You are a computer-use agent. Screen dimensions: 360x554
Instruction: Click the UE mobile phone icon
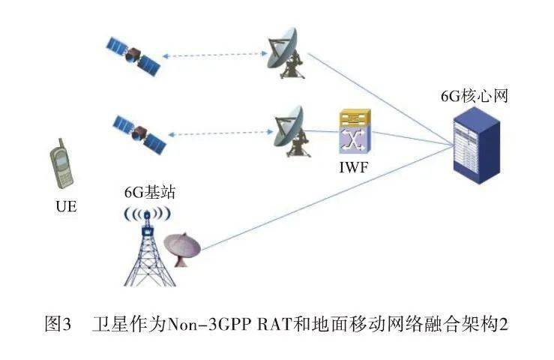click(x=61, y=164)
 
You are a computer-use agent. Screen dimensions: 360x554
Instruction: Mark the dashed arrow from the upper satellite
click(x=214, y=54)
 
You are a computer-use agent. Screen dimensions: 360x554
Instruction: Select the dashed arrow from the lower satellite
click(x=217, y=133)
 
